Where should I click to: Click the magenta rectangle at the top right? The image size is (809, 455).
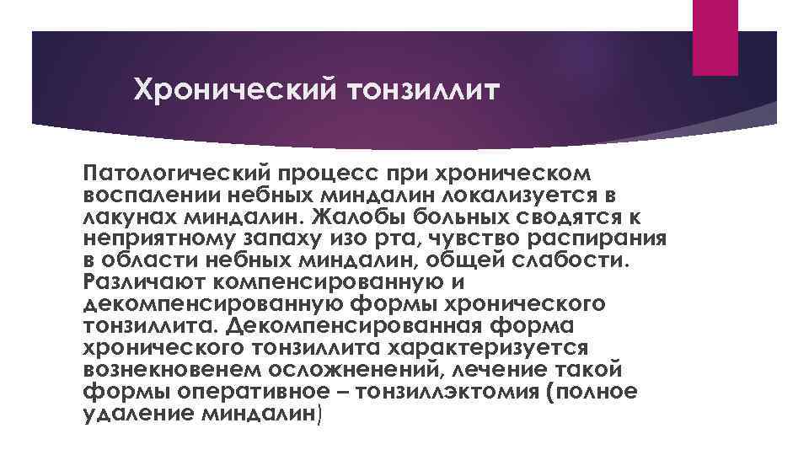(715, 37)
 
